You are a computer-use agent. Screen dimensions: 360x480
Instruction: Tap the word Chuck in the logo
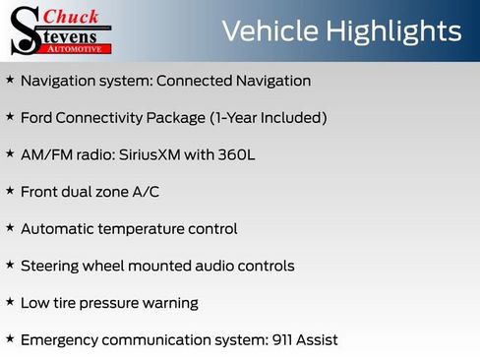point(74,16)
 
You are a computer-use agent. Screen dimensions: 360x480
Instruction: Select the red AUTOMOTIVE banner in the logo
point(83,47)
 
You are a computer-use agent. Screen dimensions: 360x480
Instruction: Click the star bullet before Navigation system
point(10,80)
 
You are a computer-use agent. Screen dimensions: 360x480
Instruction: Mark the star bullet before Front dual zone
point(10,190)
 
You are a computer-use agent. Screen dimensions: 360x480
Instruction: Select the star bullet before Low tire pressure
point(10,301)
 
